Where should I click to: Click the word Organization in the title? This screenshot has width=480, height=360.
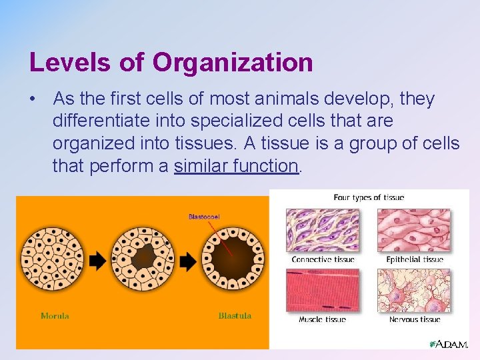(x=233, y=63)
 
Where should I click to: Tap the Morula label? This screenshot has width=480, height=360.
(x=55, y=316)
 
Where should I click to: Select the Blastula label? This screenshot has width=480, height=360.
(x=235, y=316)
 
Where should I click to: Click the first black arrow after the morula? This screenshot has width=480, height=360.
(x=97, y=261)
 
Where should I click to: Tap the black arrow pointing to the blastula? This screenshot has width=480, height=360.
(x=188, y=261)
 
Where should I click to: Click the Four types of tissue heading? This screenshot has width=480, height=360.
(x=369, y=197)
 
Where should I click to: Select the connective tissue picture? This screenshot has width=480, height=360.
(x=323, y=230)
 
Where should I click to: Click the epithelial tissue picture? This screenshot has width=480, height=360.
(x=414, y=230)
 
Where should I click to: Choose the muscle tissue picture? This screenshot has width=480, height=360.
(x=323, y=291)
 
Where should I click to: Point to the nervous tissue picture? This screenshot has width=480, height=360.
(x=414, y=291)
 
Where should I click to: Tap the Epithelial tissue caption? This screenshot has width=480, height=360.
(x=414, y=259)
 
